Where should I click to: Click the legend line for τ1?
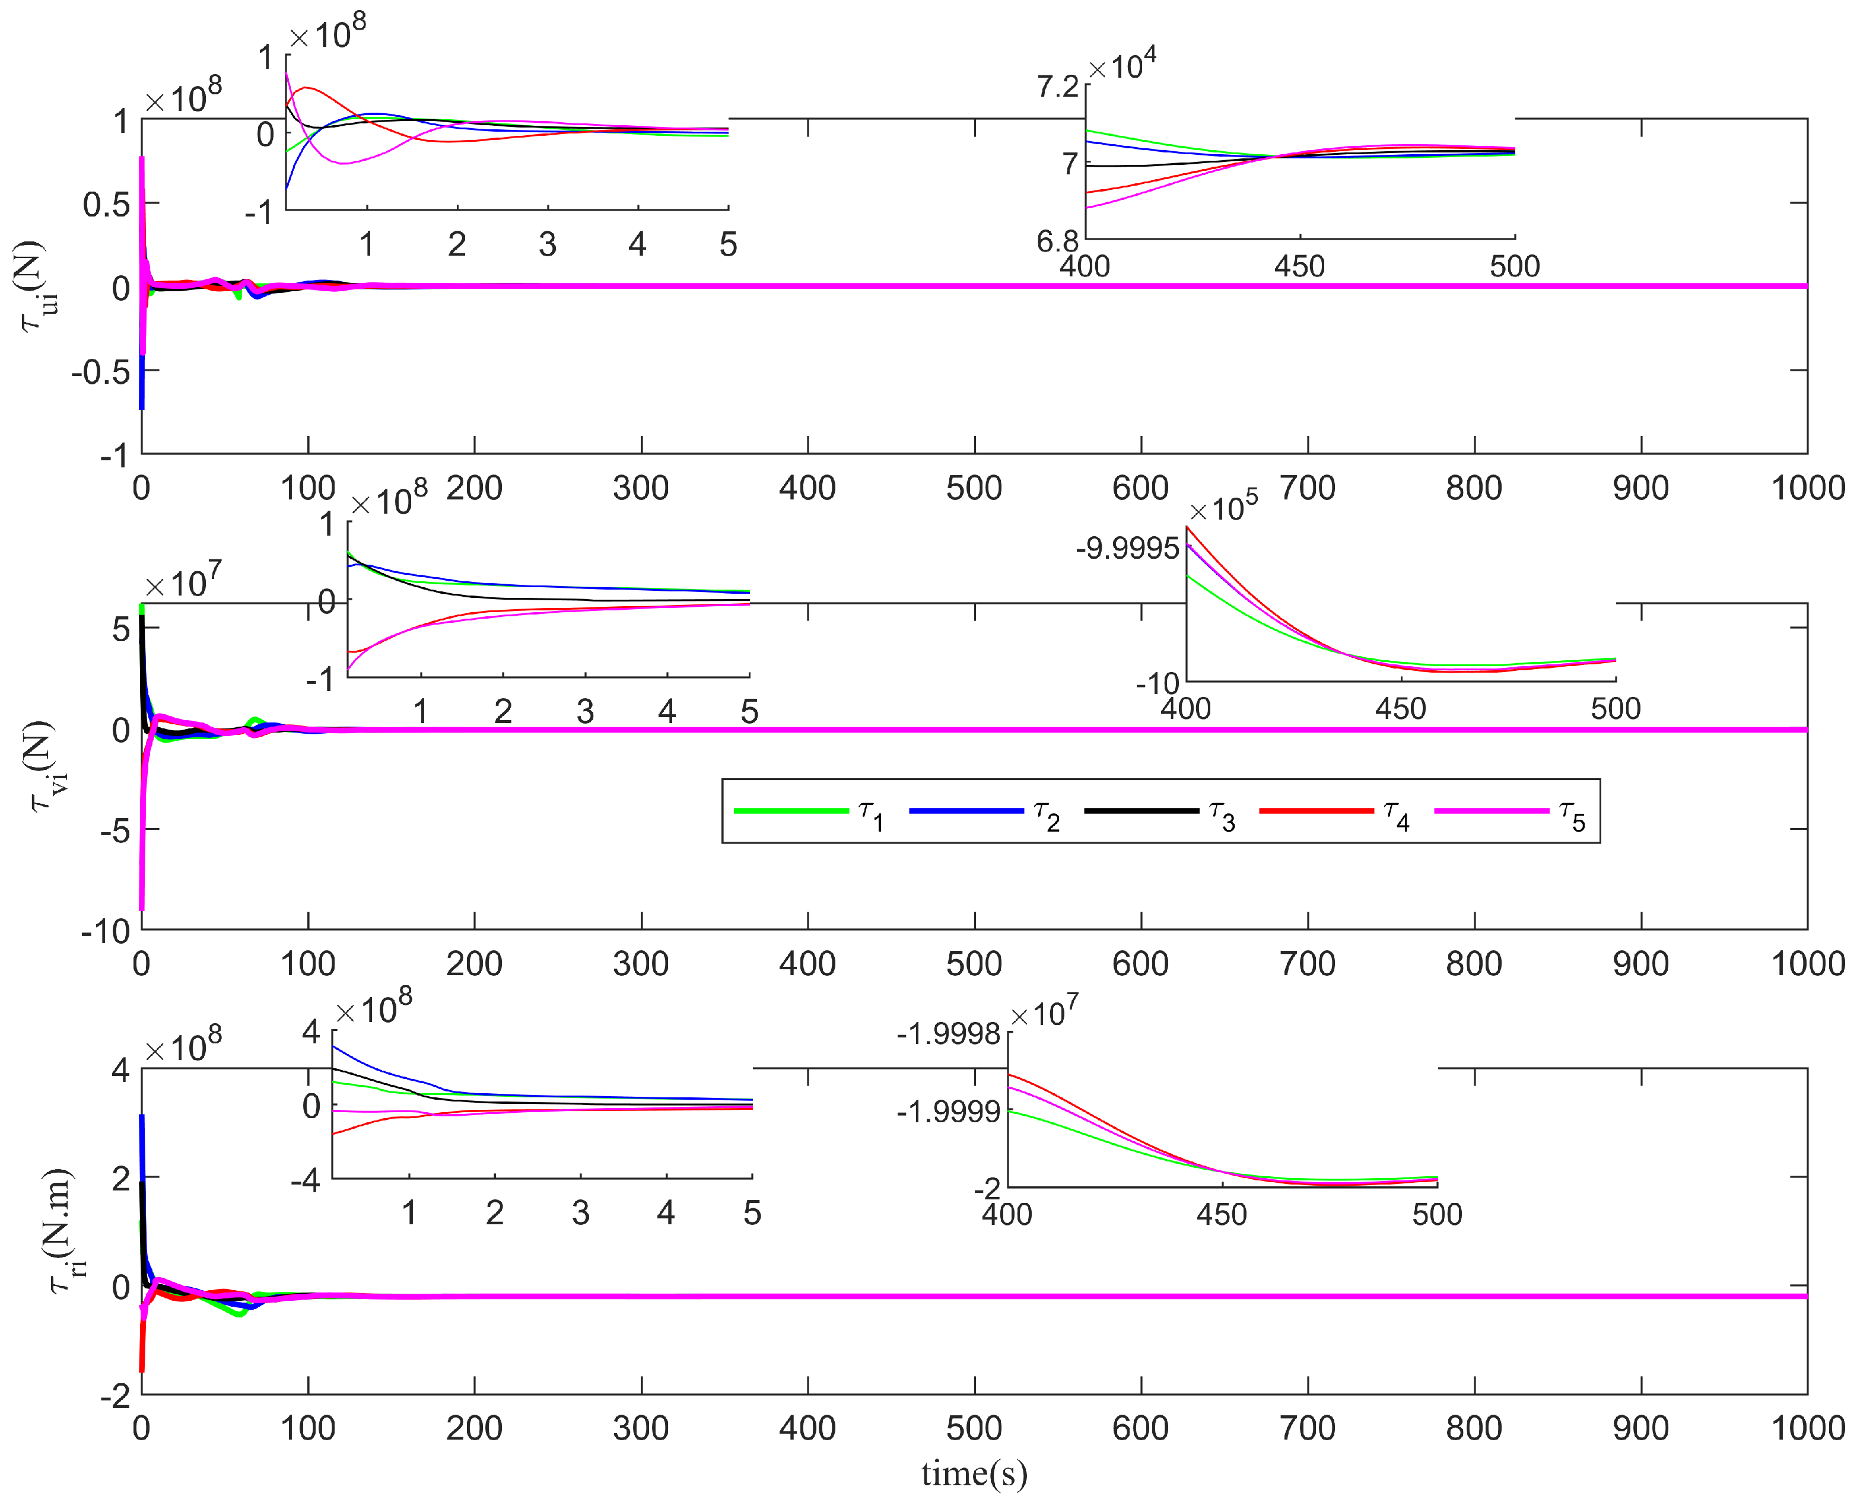tap(790, 811)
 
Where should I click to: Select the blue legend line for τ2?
tap(966, 811)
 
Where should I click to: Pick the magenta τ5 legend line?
tap(1491, 811)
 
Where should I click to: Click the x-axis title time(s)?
tap(974, 1474)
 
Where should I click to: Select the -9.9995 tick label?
tap(1127, 549)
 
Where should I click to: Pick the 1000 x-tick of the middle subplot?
tap(1807, 963)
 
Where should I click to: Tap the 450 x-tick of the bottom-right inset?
tap(1222, 1214)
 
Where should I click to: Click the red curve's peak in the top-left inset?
tap(306, 87)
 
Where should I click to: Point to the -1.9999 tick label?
tap(947, 1111)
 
